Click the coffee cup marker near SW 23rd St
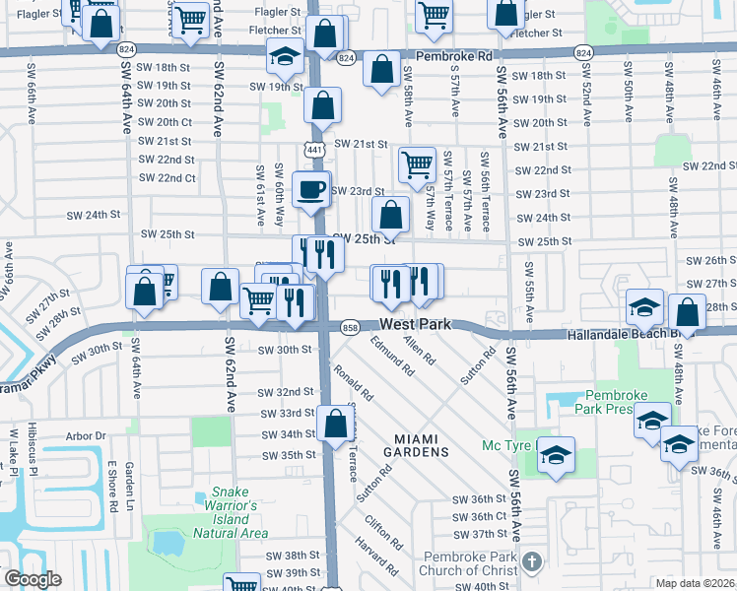(x=311, y=188)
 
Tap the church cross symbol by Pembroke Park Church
(x=531, y=561)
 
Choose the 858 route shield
(x=350, y=326)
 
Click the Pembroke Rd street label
(x=455, y=57)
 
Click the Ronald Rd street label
(x=354, y=382)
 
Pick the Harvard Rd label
(x=377, y=557)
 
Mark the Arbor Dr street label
(x=86, y=435)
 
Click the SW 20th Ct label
(x=166, y=122)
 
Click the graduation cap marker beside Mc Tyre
(x=557, y=455)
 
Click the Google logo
(x=33, y=580)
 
